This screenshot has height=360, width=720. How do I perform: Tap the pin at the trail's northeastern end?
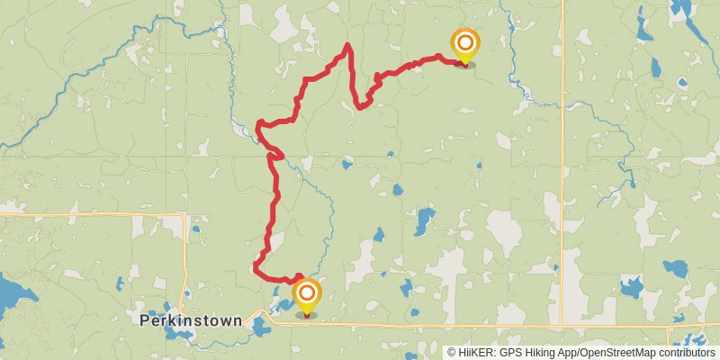[465, 47]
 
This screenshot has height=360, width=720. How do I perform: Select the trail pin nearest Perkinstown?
[307, 297]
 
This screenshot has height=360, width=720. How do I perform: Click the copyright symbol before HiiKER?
[451, 353]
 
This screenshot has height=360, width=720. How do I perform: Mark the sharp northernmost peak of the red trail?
[347, 44]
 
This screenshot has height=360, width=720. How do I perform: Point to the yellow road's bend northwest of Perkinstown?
[184, 216]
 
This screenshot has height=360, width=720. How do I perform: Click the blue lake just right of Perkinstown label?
[260, 324]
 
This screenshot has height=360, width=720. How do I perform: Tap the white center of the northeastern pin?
[465, 42]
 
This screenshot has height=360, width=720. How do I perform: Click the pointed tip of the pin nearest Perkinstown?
[307, 314]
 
